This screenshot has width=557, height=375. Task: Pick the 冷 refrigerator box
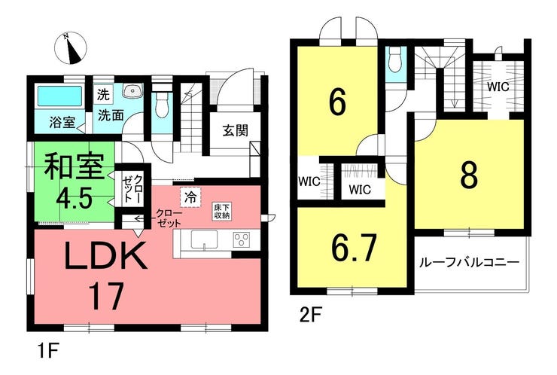190,197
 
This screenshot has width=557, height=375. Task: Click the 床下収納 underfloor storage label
221,210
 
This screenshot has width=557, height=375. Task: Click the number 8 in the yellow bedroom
468,175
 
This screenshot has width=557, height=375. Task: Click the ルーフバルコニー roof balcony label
469,263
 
